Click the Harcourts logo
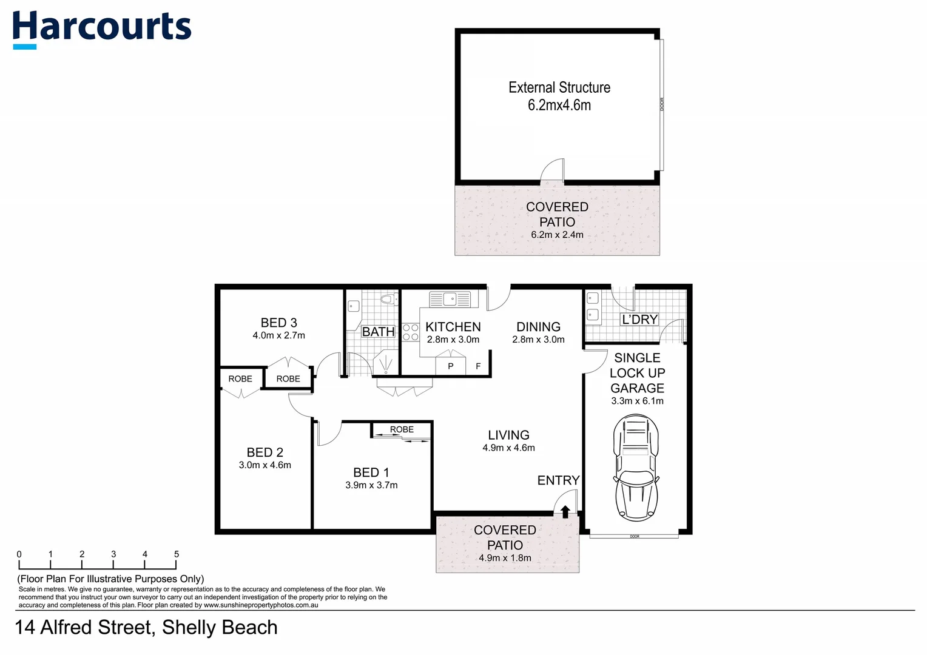pyautogui.click(x=101, y=29)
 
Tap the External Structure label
pyautogui.click(x=559, y=87)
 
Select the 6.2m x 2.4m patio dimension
pyautogui.click(x=557, y=235)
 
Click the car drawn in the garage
pyautogui.click(x=636, y=467)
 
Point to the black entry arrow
pyautogui.click(x=565, y=512)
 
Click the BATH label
pyautogui.click(x=378, y=332)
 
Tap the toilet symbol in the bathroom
pyautogui.click(x=387, y=299)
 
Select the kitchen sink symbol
pyautogui.click(x=450, y=299)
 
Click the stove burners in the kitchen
pyautogui.click(x=411, y=332)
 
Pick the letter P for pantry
pyautogui.click(x=450, y=366)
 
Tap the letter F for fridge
pyautogui.click(x=478, y=366)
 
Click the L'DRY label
pyautogui.click(x=639, y=319)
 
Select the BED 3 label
pyautogui.click(x=278, y=323)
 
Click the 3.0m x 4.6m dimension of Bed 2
pyautogui.click(x=265, y=465)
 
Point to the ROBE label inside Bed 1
pyautogui.click(x=402, y=429)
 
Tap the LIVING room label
pyautogui.click(x=508, y=435)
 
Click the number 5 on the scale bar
pyautogui.click(x=177, y=554)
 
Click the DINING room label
pyautogui.click(x=538, y=327)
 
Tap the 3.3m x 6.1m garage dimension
pyautogui.click(x=637, y=401)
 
